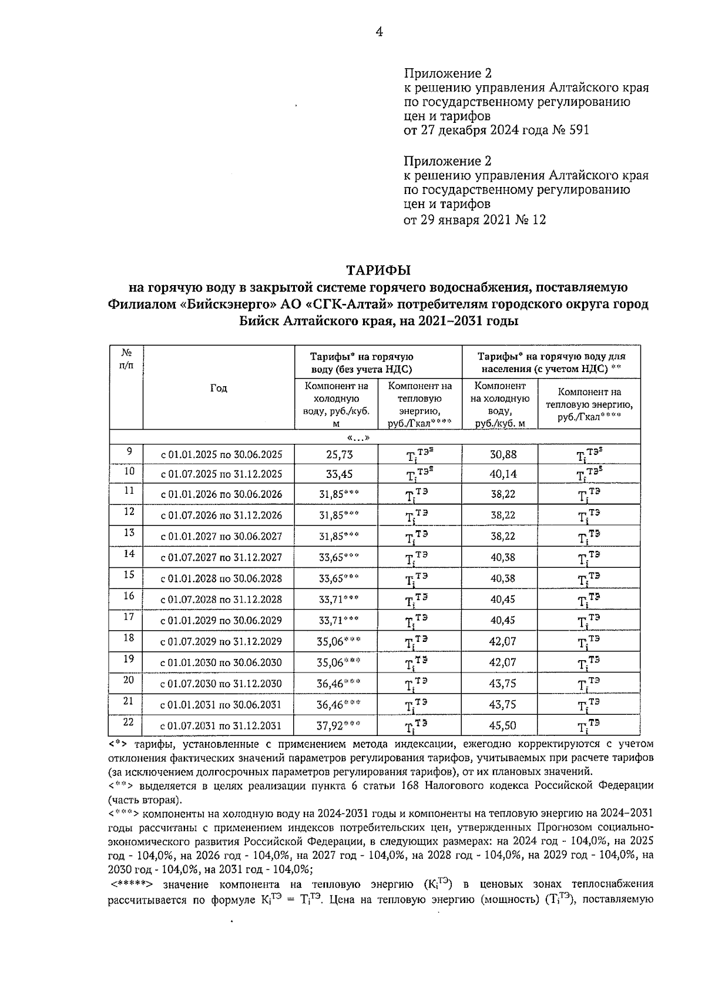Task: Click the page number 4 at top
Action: click(380, 32)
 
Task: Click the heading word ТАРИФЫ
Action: click(379, 270)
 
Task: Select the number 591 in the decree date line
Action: click(577, 130)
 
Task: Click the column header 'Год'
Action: click(219, 388)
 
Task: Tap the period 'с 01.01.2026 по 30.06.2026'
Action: click(221, 494)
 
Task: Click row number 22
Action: click(129, 722)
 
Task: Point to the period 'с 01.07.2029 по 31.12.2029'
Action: click(221, 641)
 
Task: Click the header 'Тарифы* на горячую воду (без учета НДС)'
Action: click(361, 363)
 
